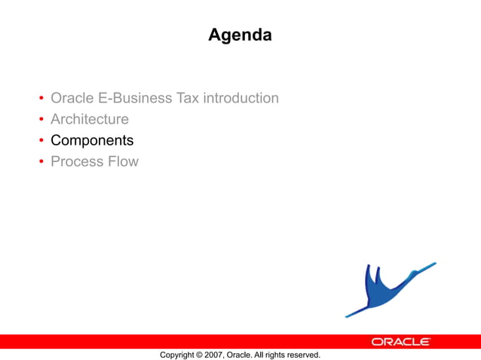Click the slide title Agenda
240,35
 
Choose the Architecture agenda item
89,119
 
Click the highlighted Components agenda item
92,140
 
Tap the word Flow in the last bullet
123,161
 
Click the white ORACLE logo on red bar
400,342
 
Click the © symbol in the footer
199,355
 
